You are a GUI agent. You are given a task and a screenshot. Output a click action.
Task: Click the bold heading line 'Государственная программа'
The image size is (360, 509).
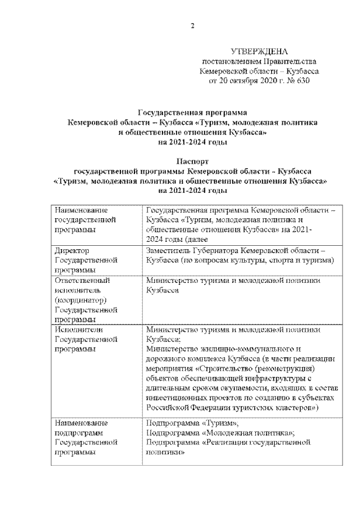pyautogui.click(x=192, y=113)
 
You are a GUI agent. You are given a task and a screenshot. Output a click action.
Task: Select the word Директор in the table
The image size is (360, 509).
pyautogui.click(x=72, y=250)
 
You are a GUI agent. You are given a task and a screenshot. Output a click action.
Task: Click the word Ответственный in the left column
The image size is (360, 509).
pyautogui.click(x=83, y=280)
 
